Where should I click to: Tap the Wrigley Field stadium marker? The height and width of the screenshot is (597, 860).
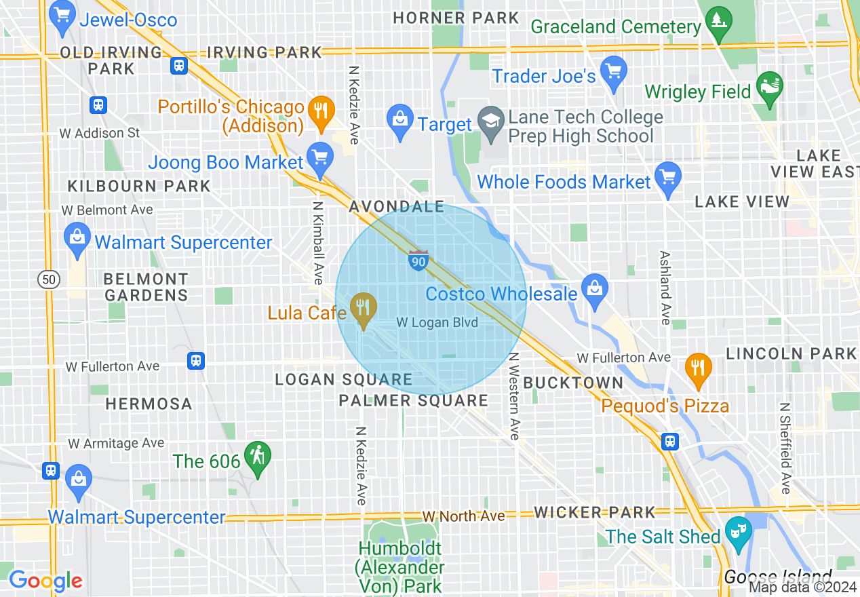pyautogui.click(x=769, y=88)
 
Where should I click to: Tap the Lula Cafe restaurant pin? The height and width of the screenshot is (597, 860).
pyautogui.click(x=364, y=309)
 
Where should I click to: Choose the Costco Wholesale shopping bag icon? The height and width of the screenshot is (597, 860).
pyautogui.click(x=595, y=290)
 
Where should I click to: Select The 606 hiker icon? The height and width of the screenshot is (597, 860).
pyautogui.click(x=258, y=458)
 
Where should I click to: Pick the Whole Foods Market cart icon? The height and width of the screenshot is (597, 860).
pyautogui.click(x=668, y=178)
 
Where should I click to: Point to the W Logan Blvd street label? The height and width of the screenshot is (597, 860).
pyautogui.click(x=437, y=323)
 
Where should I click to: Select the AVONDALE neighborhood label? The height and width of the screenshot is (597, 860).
pyautogui.click(x=396, y=207)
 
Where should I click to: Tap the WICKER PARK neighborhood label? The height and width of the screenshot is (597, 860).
pyautogui.click(x=595, y=512)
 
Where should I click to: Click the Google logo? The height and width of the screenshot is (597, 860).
pyautogui.click(x=45, y=581)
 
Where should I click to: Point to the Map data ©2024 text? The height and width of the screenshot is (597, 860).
pyautogui.click(x=802, y=588)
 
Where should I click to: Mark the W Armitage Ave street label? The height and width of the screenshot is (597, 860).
pyautogui.click(x=116, y=443)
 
